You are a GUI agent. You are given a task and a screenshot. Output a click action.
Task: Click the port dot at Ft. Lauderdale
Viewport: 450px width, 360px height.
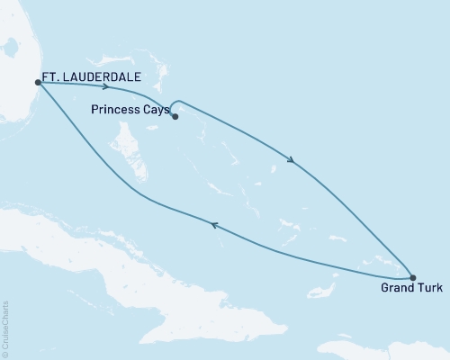tap(37, 82)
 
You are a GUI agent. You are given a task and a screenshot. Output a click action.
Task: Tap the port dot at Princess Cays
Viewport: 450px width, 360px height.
tap(175, 116)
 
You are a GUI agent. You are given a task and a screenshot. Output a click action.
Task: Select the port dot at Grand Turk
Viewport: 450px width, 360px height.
tap(412, 277)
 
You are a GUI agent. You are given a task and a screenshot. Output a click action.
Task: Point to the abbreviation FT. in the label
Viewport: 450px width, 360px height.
tap(51, 78)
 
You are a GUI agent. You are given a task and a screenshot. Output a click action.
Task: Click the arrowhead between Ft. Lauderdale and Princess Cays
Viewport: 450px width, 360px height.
tap(106, 87)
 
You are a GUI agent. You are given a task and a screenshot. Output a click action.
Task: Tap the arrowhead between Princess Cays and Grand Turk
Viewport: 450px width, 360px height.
tap(290, 161)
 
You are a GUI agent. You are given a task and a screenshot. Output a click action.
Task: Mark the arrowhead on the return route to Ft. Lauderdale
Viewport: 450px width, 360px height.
tap(214, 226)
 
